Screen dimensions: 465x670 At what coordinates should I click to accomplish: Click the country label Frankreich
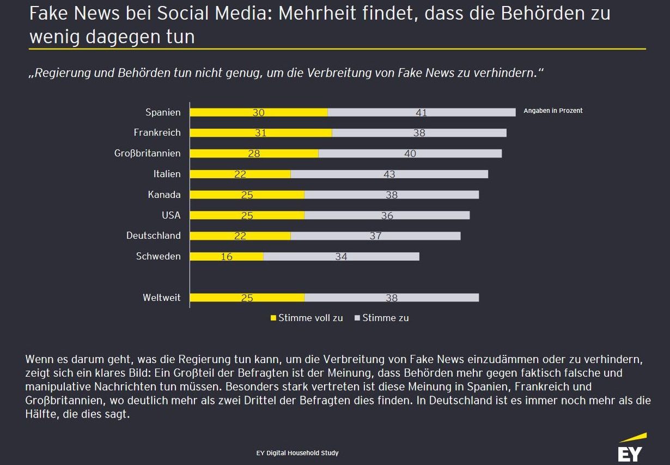point(157,132)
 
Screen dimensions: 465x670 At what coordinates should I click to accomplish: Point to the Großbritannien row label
point(147,153)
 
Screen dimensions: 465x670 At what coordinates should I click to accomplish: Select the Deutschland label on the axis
point(153,235)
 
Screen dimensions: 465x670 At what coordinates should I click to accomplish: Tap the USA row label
point(170,215)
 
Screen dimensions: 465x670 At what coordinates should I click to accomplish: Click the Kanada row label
point(164,195)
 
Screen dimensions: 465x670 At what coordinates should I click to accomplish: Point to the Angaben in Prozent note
point(553,111)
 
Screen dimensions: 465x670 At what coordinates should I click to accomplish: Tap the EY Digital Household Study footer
point(297,453)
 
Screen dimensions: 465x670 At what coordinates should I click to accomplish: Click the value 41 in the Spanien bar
point(421,113)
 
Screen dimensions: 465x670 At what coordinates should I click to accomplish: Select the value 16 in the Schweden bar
point(227,256)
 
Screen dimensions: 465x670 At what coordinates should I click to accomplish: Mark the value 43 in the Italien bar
point(389,174)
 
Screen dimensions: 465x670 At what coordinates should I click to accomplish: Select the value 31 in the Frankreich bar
point(260,133)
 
